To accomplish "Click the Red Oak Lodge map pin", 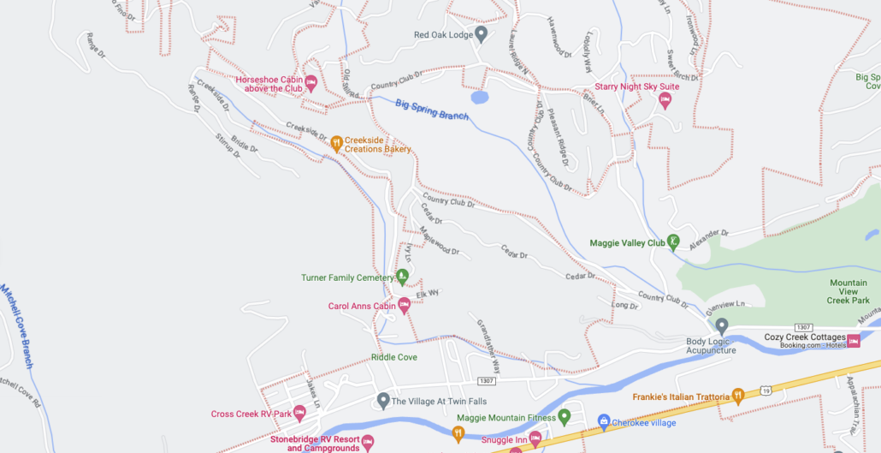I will point(481,34).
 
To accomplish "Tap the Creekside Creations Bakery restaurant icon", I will point(337,143).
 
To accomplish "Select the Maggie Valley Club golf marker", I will point(674,242).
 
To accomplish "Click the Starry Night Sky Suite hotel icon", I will point(665,101).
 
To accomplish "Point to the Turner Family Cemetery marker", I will point(402,277).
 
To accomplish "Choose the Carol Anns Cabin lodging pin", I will point(404,305).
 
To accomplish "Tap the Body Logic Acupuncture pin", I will point(721,325).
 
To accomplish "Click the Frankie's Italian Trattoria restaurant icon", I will point(737,396).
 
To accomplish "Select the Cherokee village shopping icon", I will point(603,421).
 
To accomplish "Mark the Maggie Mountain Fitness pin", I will point(564,417).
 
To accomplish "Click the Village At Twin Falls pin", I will point(383,400).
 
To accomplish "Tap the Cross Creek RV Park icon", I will point(299,414).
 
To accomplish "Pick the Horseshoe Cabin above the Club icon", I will point(311,83).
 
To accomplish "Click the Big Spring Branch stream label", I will point(432,110).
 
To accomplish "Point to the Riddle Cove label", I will point(393,357).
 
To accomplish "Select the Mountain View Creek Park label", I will point(848,291).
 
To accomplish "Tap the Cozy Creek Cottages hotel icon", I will point(854,341).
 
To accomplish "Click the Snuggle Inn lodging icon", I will point(535,438).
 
